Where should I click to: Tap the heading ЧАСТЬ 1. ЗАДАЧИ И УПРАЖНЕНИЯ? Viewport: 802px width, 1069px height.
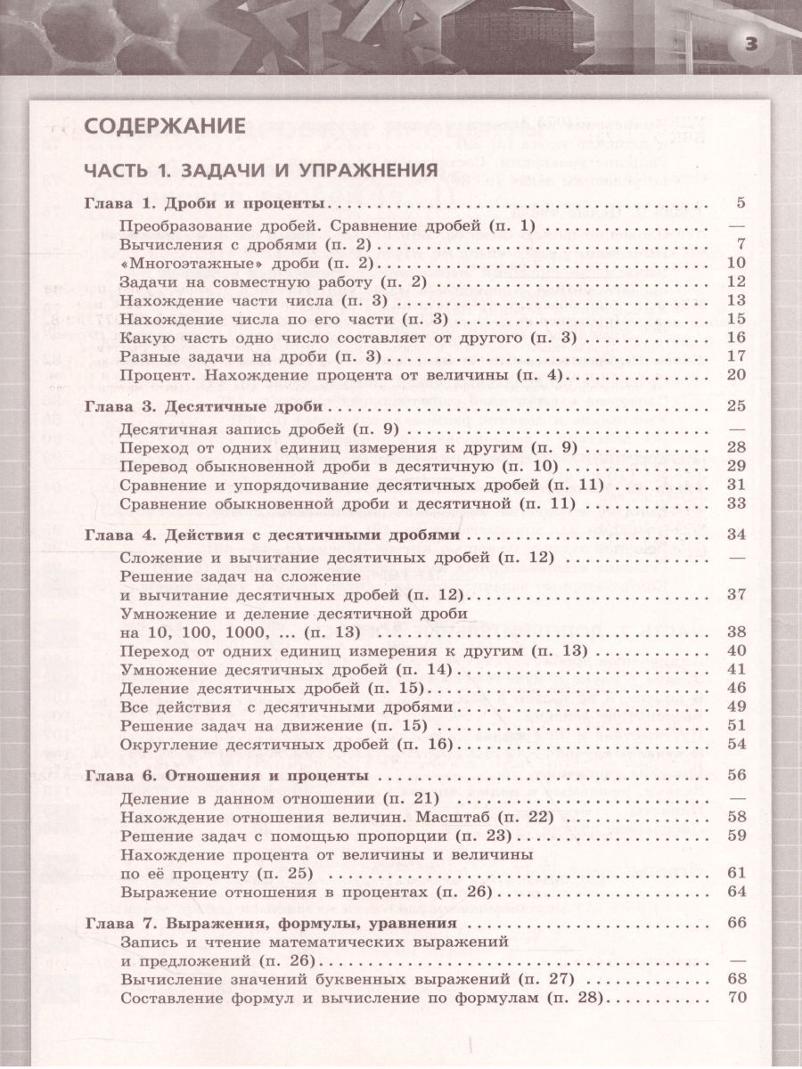pyautogui.click(x=259, y=169)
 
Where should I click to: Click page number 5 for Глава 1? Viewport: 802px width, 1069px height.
pyautogui.click(x=740, y=204)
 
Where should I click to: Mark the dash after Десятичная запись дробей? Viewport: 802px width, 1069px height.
pyautogui.click(x=736, y=428)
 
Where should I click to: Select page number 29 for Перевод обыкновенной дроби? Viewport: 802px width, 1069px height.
pyautogui.click(x=735, y=466)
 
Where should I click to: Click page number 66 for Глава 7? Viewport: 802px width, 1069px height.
pyautogui.click(x=735, y=922)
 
